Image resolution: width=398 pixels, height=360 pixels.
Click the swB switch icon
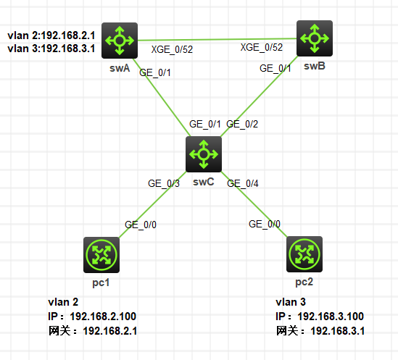coord(315,38)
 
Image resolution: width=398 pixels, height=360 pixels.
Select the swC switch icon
coord(204,153)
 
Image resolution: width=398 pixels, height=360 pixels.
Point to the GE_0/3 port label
coord(164,184)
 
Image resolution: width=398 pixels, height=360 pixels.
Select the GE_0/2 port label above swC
coord(242,125)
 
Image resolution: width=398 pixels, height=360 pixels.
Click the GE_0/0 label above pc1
coord(141,225)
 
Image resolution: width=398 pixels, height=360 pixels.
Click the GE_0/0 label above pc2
coord(265,225)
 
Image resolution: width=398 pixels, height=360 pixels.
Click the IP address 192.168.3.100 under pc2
coord(331,317)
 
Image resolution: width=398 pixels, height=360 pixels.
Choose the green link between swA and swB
coord(217,39)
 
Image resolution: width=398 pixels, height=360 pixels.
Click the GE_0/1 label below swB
coord(276,68)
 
